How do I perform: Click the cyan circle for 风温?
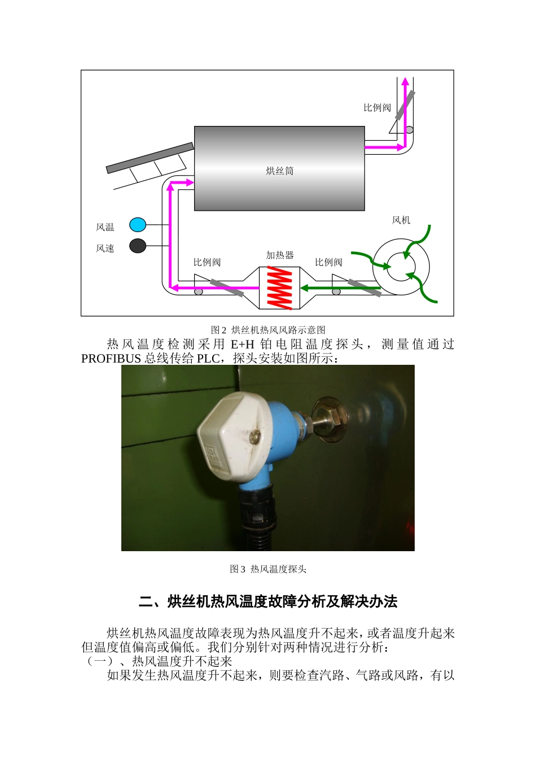click(x=138, y=225)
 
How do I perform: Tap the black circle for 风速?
click(x=138, y=246)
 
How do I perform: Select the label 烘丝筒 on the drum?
click(x=280, y=171)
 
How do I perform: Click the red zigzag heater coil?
click(x=280, y=287)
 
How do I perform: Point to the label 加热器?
click(x=280, y=255)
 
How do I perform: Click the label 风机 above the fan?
click(x=401, y=220)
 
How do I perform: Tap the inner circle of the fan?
click(x=401, y=267)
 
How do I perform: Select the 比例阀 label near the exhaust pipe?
click(x=377, y=108)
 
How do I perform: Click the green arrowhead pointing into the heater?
click(x=304, y=288)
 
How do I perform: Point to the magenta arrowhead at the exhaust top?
click(x=405, y=81)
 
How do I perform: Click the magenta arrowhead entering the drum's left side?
click(x=190, y=182)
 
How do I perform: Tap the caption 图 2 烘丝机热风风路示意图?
click(x=268, y=330)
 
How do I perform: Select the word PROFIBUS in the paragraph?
click(x=111, y=359)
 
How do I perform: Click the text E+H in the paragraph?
click(x=242, y=344)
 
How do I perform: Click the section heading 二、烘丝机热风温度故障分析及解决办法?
click(x=268, y=602)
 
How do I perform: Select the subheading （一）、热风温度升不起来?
click(x=157, y=661)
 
